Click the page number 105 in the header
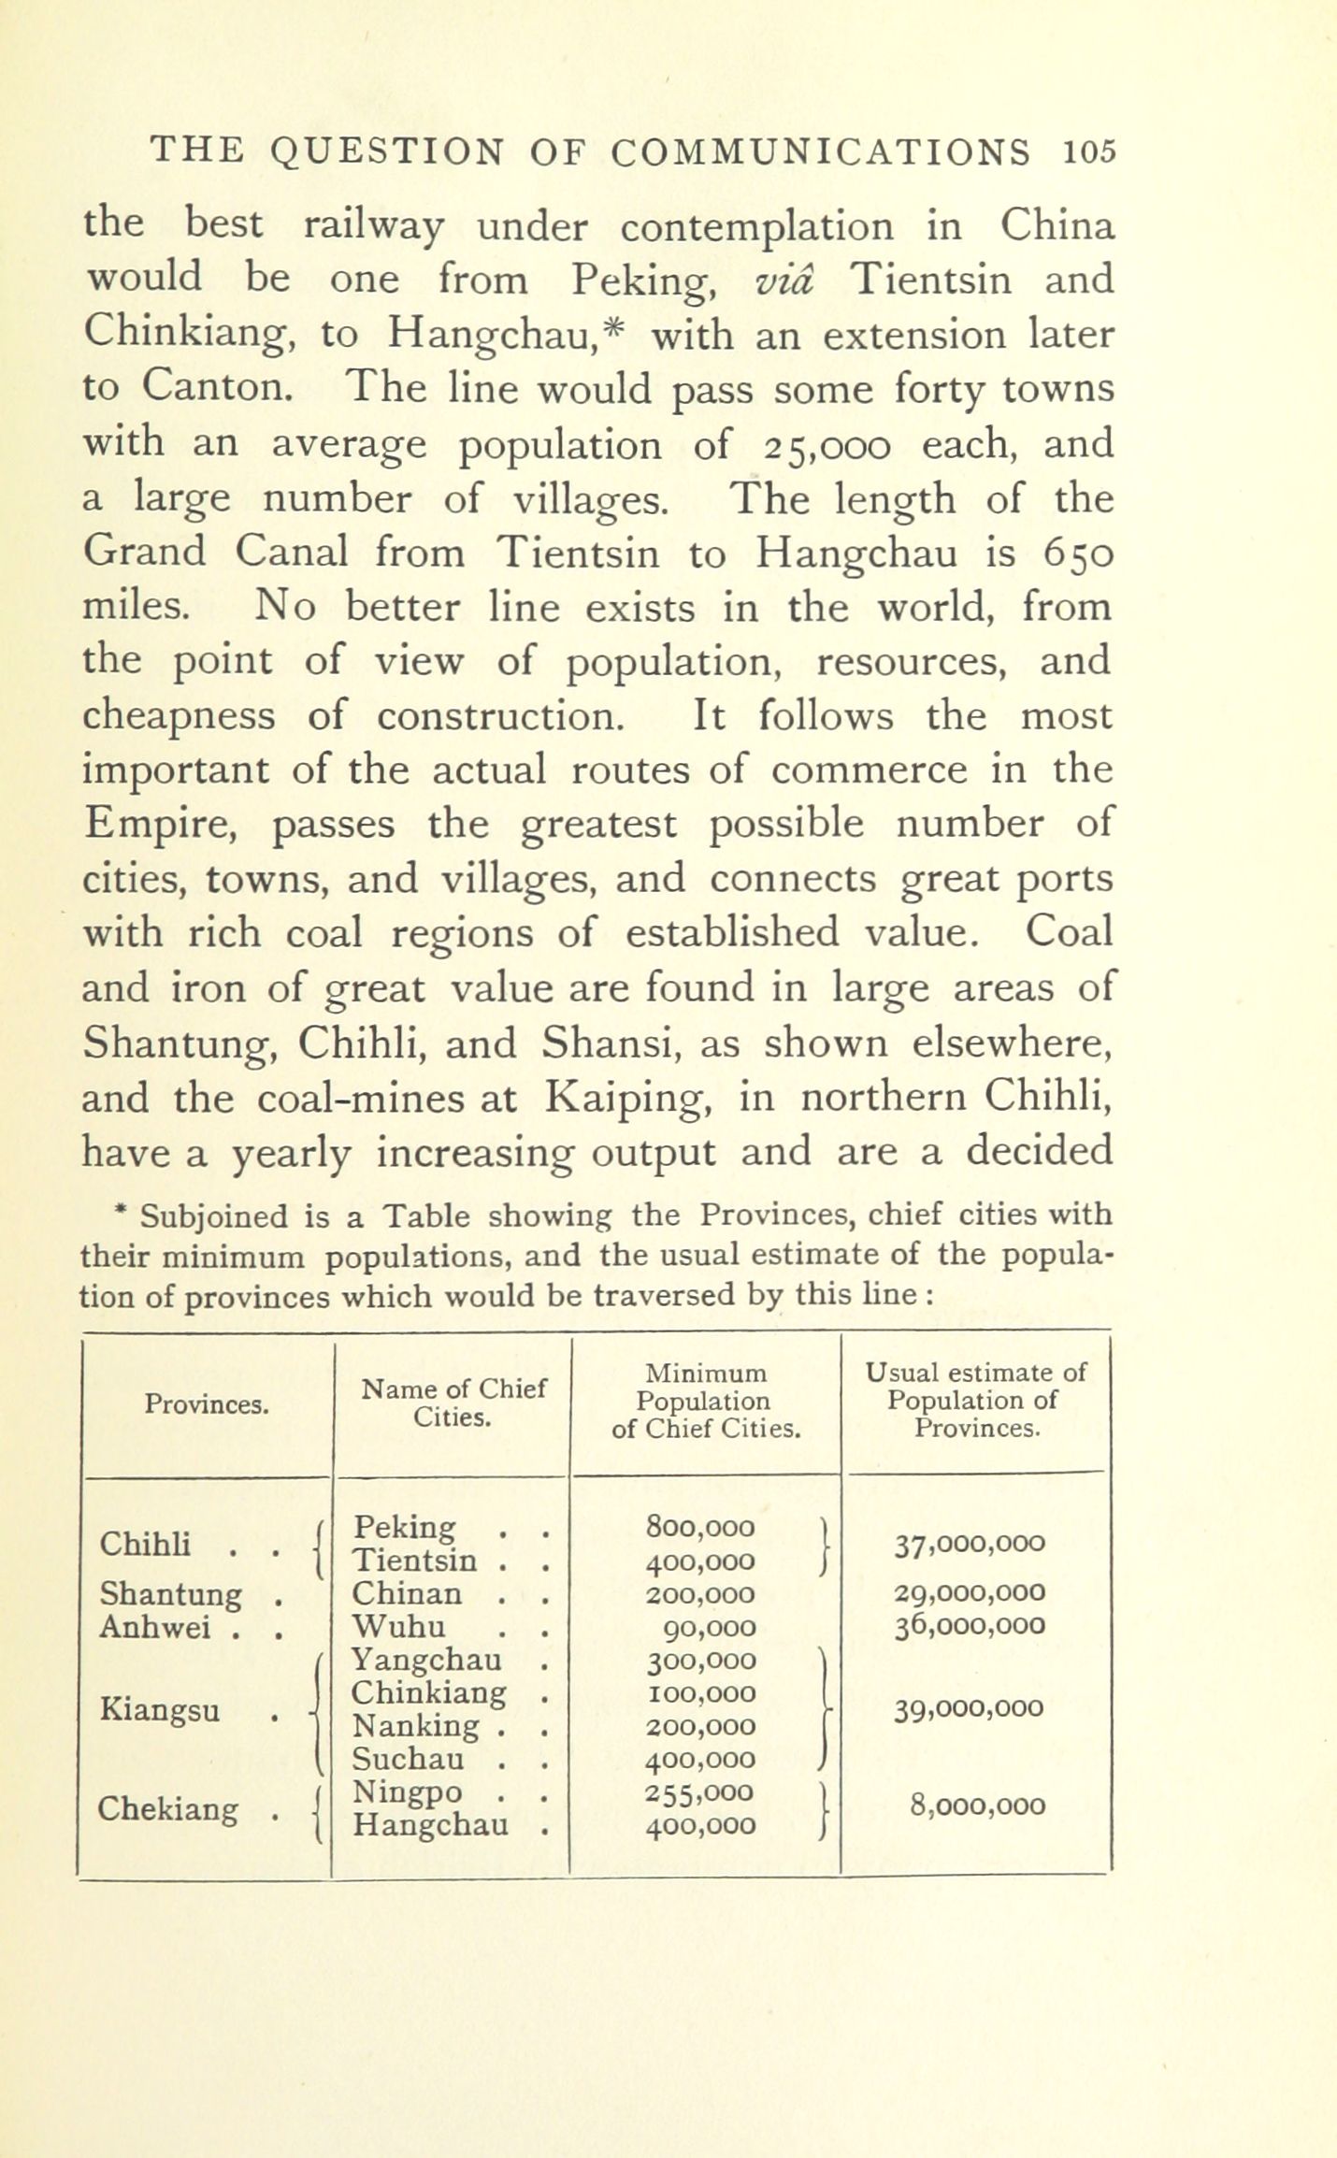1089,151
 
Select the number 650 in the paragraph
1078,554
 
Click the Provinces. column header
208,1404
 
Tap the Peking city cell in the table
406,1528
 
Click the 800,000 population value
700,1527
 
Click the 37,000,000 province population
969,1544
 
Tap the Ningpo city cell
408,1792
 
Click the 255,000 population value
700,1792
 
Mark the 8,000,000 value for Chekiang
978,1806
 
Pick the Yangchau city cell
426,1660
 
